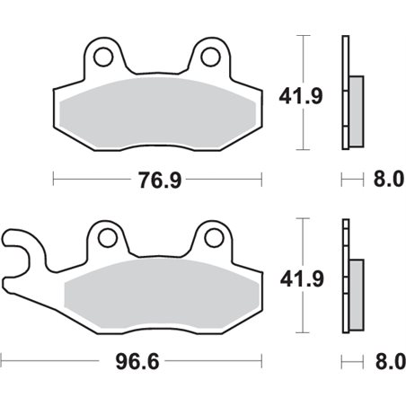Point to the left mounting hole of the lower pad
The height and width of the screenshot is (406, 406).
click(108, 239)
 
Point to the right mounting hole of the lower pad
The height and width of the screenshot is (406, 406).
click(214, 239)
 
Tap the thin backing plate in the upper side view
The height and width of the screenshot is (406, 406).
click(345, 90)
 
